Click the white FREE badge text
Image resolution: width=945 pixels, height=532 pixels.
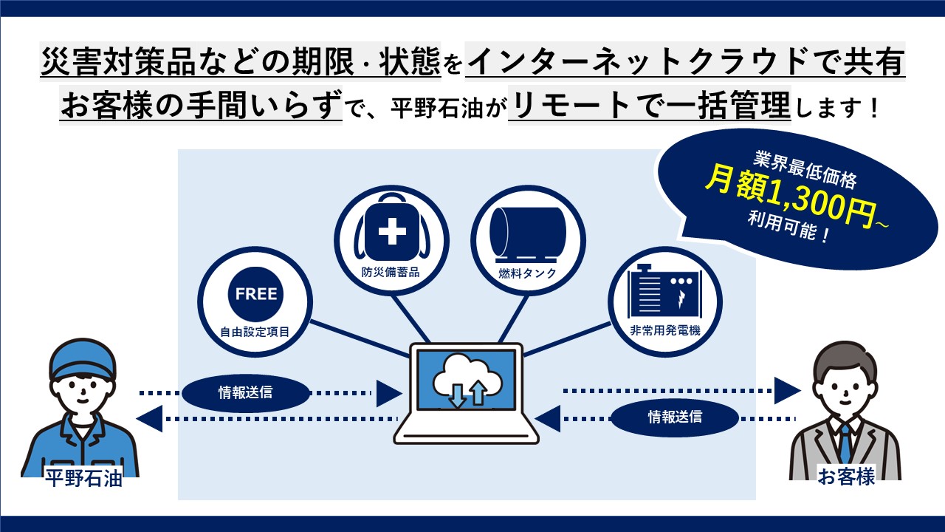coord(255,294)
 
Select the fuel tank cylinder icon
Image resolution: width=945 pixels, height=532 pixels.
coord(528,231)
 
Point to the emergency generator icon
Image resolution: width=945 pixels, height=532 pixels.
coord(664,293)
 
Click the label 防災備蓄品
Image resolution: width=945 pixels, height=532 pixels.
coord(391,272)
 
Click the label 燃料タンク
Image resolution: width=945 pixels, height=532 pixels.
coord(528,273)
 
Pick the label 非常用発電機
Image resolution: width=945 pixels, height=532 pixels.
coord(664,331)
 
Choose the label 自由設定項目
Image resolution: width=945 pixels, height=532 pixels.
coord(255,332)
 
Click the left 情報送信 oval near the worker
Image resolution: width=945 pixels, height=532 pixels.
coord(245,392)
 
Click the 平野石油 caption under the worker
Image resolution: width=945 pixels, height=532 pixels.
coord(83,479)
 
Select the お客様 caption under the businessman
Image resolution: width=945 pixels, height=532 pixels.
coord(846,477)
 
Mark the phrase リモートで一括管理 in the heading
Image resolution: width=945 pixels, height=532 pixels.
coord(650,108)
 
